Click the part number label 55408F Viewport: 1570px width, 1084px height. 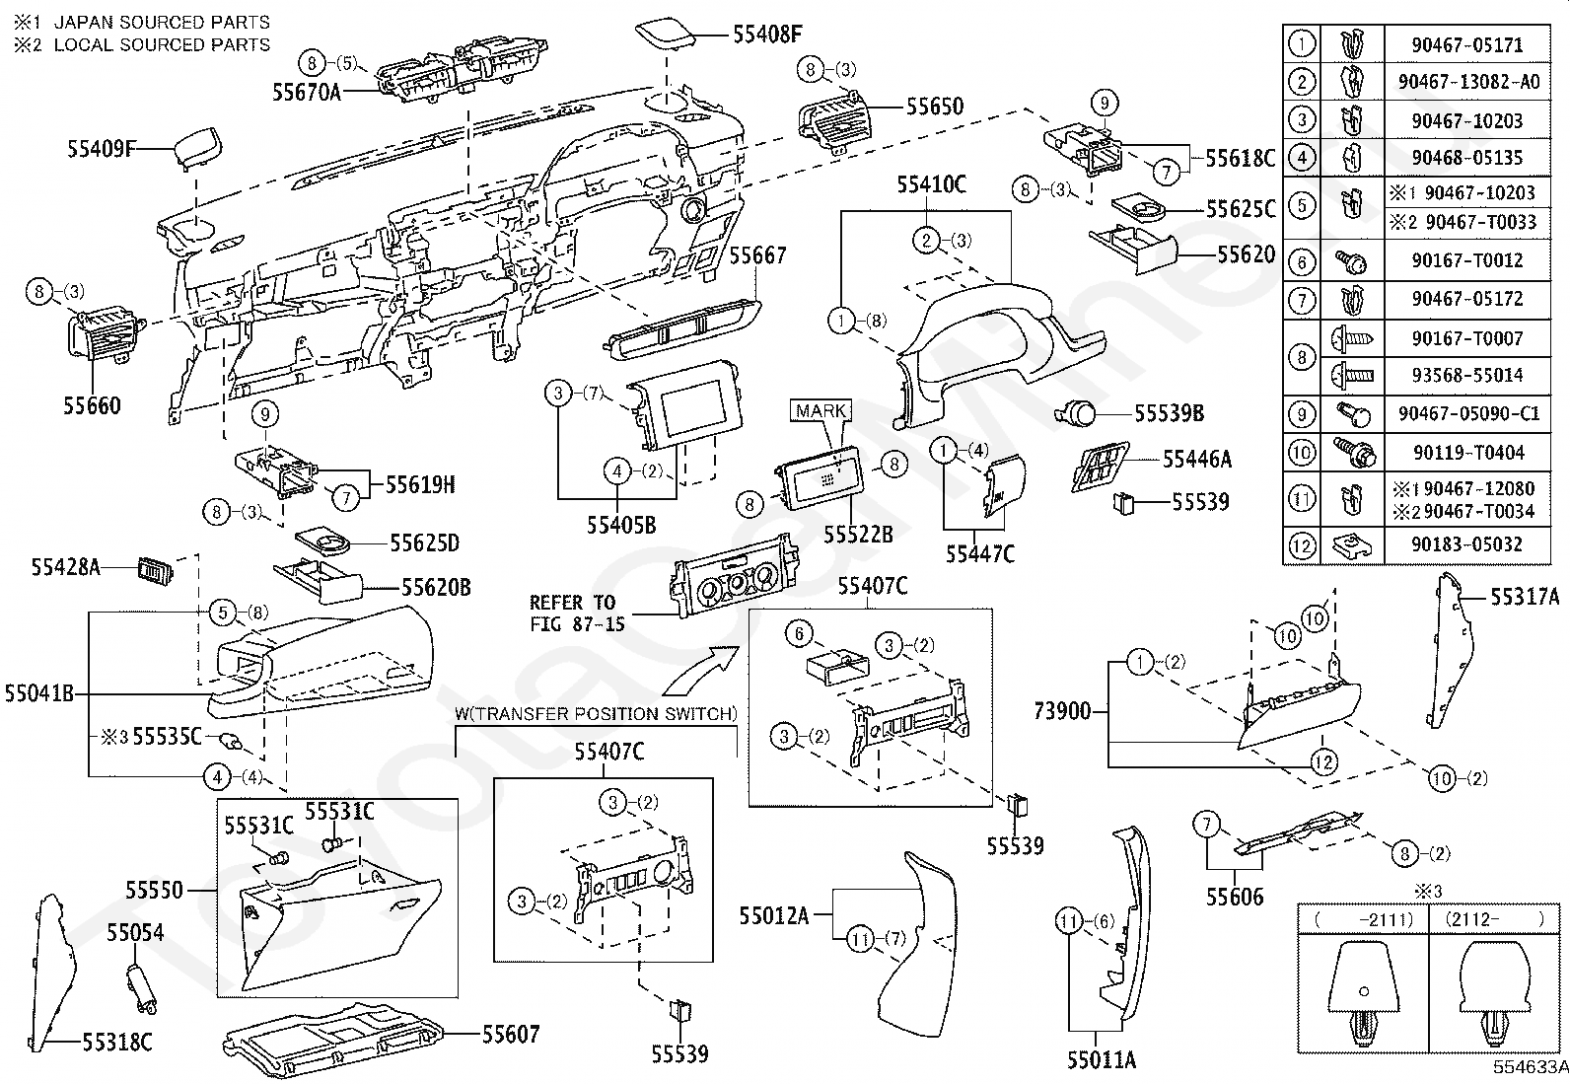(766, 35)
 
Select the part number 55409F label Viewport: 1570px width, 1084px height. (101, 149)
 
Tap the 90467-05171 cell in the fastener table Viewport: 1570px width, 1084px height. (1460, 44)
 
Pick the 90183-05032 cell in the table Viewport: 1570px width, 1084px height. (1460, 543)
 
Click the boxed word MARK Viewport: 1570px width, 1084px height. (821, 410)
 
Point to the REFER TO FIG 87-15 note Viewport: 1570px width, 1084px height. (577, 613)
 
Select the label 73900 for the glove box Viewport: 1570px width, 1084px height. (1062, 709)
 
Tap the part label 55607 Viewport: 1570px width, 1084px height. (510, 1034)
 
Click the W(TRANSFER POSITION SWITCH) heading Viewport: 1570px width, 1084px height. (596, 713)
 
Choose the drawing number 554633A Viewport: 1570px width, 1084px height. (1529, 1066)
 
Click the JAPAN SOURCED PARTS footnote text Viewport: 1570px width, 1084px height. (161, 22)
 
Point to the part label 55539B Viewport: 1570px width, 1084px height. (1169, 414)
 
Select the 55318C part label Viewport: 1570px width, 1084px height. (116, 1042)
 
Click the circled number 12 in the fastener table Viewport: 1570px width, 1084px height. (1302, 543)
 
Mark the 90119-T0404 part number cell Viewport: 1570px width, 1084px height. (1460, 453)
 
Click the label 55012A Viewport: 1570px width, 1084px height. (773, 915)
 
